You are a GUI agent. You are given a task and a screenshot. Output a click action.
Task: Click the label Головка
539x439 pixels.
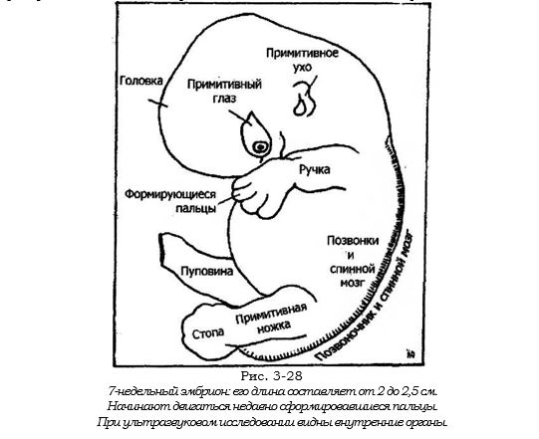tap(140, 81)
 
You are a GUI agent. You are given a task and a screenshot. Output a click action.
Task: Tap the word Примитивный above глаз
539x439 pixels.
tap(224, 85)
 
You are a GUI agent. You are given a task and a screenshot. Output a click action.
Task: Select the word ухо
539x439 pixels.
tap(303, 67)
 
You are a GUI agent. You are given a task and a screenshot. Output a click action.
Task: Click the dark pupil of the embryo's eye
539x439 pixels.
tap(260, 147)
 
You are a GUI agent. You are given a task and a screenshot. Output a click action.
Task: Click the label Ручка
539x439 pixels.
tap(315, 169)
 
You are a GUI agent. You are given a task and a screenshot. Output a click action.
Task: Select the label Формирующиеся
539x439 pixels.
tap(170, 195)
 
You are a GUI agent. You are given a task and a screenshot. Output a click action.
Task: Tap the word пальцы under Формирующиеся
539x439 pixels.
tap(196, 208)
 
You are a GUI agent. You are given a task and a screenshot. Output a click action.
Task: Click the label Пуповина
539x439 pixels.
tap(207, 272)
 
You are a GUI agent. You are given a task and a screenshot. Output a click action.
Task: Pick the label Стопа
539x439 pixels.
tap(208, 333)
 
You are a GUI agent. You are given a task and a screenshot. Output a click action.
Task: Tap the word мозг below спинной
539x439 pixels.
tap(352, 283)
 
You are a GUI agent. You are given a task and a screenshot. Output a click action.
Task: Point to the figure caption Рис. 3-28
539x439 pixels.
tap(271, 376)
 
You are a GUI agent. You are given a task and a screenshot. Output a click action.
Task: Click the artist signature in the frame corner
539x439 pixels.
tap(410, 354)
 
